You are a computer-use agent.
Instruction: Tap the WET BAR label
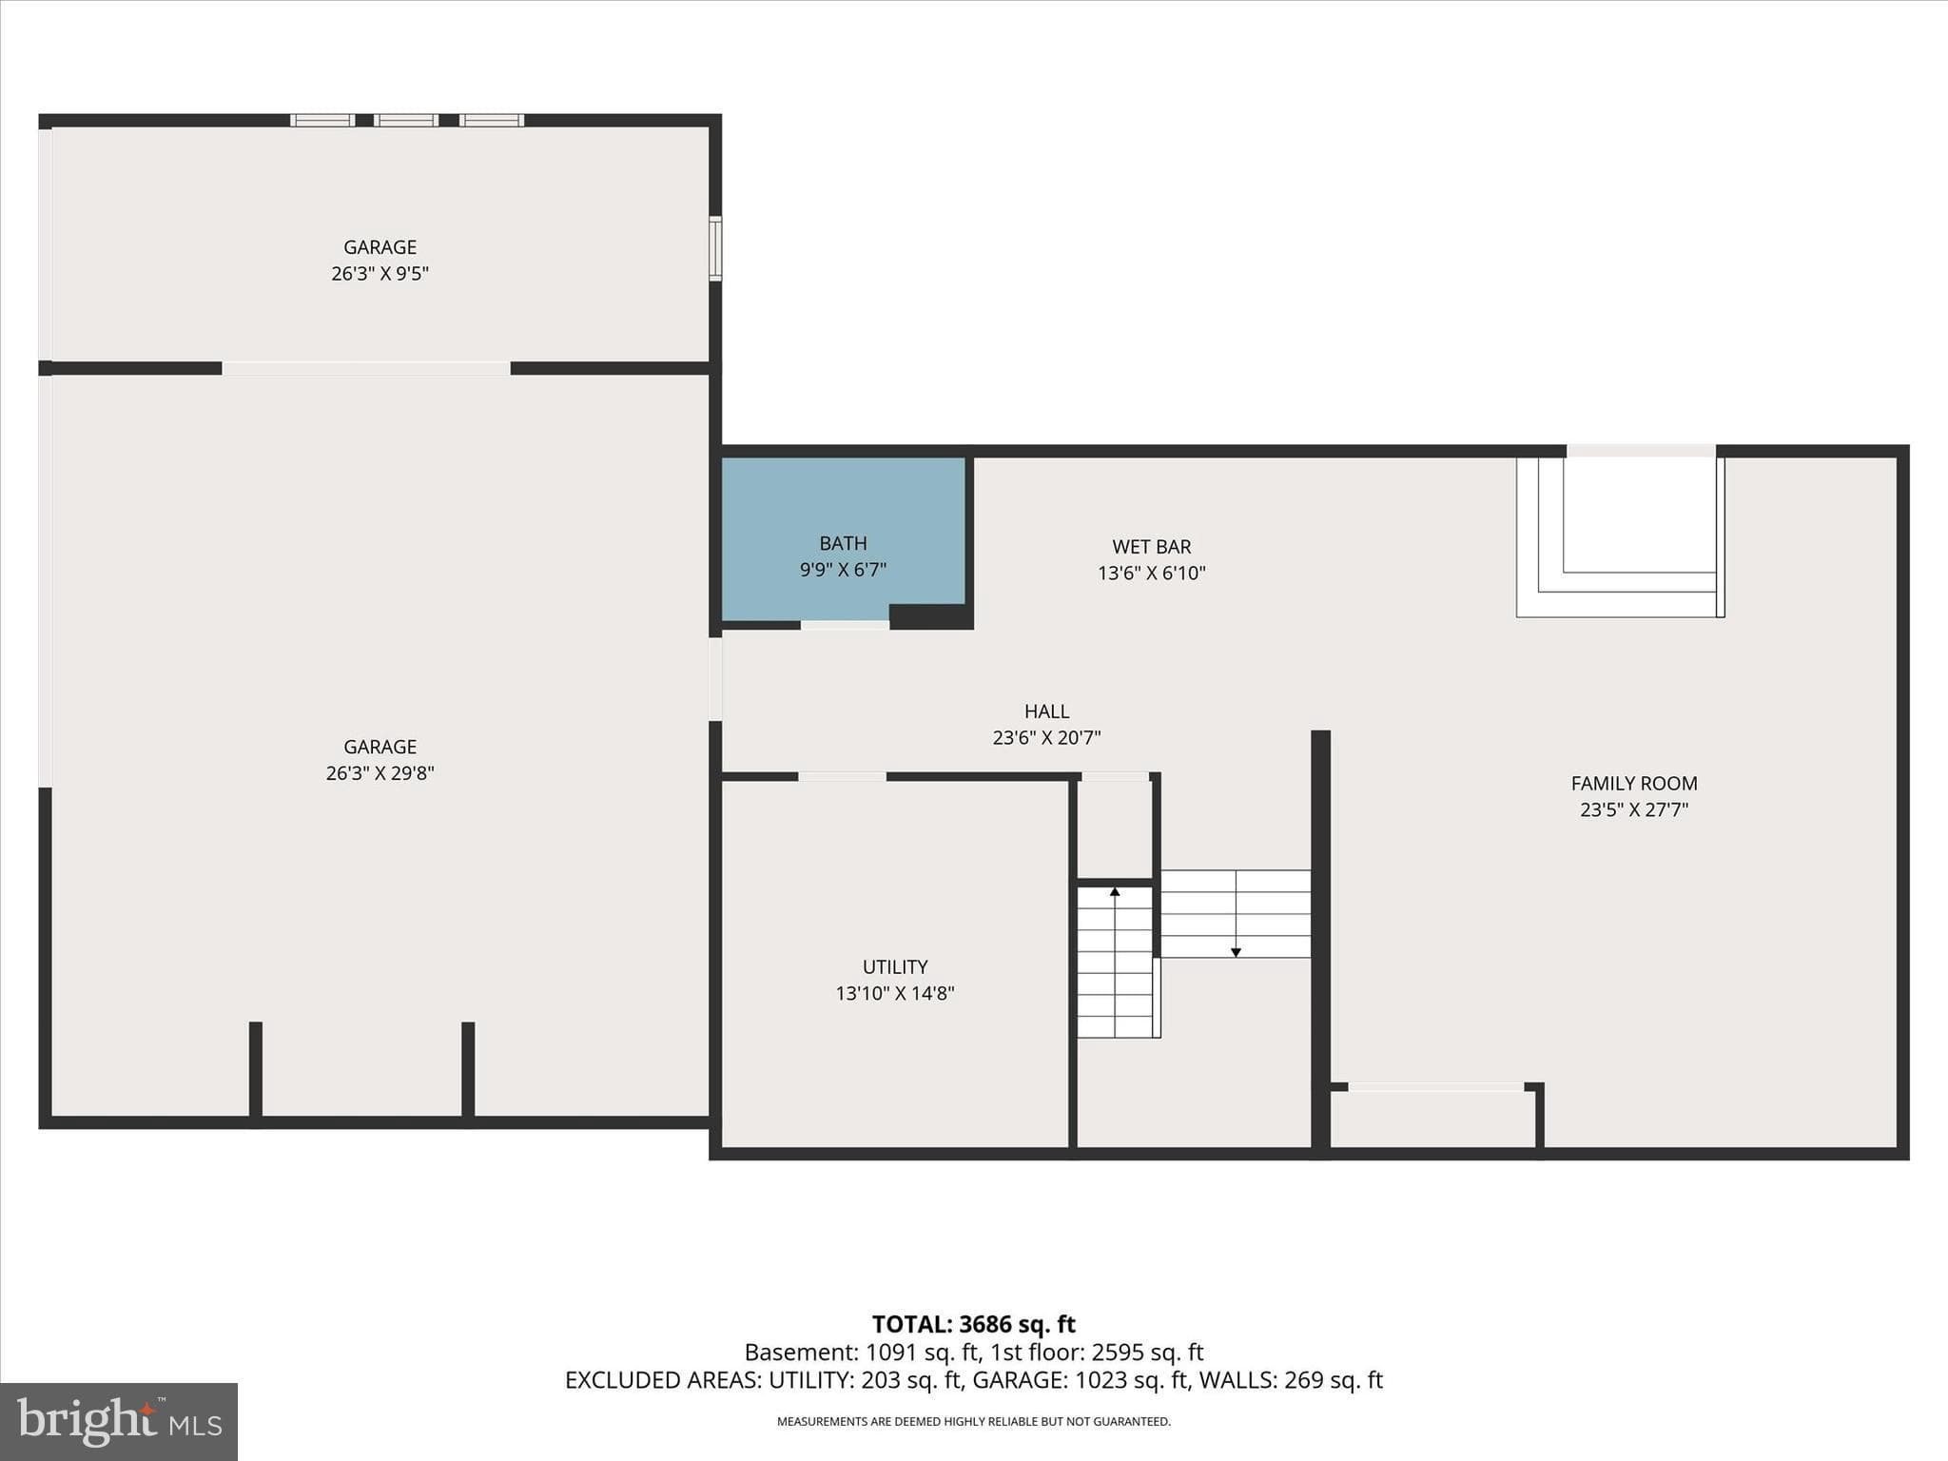pyautogui.click(x=1152, y=547)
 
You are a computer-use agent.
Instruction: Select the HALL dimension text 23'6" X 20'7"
pyautogui.click(x=1046, y=737)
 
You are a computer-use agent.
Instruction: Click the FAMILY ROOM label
pyautogui.click(x=1634, y=784)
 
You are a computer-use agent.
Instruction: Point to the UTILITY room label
pyautogui.click(x=895, y=967)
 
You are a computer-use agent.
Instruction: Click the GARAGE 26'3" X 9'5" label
pyautogui.click(x=380, y=260)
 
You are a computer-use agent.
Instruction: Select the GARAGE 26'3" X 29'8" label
pyautogui.click(x=380, y=760)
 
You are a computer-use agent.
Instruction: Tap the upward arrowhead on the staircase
pyautogui.click(x=1115, y=892)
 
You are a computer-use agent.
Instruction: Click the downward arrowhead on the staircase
pyautogui.click(x=1236, y=951)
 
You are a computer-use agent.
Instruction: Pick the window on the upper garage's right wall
pyautogui.click(x=715, y=248)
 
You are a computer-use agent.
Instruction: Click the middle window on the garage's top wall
pyautogui.click(x=406, y=121)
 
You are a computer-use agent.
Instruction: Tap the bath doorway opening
pyautogui.click(x=845, y=625)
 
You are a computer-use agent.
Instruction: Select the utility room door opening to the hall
pyautogui.click(x=842, y=777)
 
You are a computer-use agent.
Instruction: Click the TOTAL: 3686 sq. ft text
pyautogui.click(x=974, y=1324)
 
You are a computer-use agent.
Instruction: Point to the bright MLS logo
pyautogui.click(x=119, y=1422)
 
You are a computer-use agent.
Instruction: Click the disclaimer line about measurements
pyautogui.click(x=974, y=1422)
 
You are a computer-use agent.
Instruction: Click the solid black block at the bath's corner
pyautogui.click(x=931, y=616)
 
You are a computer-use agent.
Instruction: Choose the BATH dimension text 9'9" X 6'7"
pyautogui.click(x=843, y=570)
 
